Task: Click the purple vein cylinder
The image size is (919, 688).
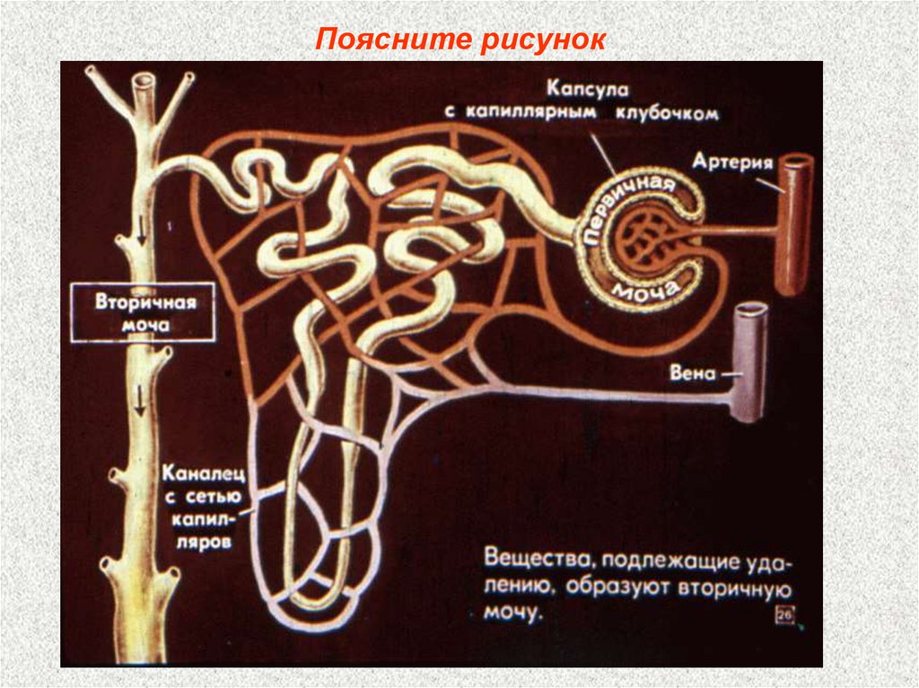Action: pyautogui.click(x=749, y=368)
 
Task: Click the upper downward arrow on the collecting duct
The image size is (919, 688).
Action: pyautogui.click(x=140, y=239)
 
